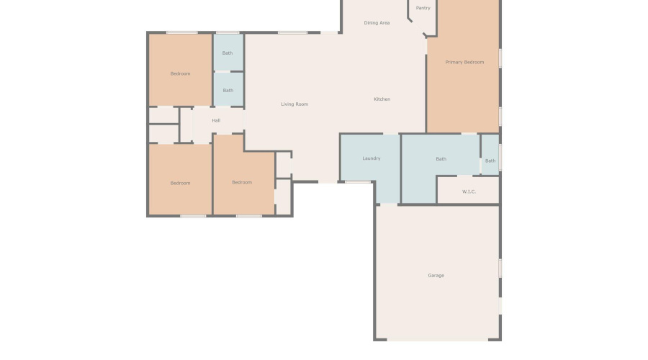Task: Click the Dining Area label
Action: [377, 23]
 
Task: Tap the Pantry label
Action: [423, 8]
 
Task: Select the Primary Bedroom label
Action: [464, 63]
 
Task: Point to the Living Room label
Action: [294, 104]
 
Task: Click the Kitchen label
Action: [382, 99]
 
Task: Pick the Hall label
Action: [216, 121]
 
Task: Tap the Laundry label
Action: [371, 158]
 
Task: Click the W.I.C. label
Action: [469, 192]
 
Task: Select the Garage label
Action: [436, 276]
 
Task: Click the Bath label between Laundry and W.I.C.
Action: [441, 159]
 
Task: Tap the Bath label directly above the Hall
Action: [228, 91]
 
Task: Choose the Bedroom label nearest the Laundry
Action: [242, 182]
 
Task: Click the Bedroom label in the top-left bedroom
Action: [180, 73]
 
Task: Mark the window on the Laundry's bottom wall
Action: [358, 181]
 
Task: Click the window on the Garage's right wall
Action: [500, 268]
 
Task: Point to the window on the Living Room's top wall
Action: [293, 32]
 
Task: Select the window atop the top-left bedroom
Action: [181, 32]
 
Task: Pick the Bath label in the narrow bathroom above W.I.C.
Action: [490, 161]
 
